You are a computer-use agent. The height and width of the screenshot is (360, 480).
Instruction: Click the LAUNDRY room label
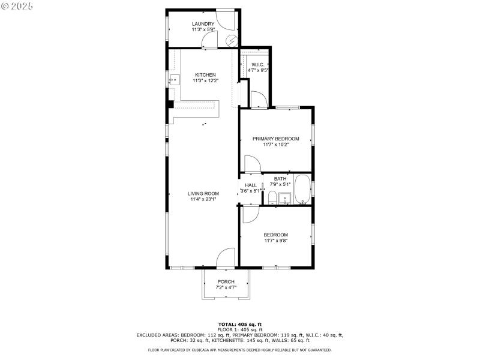pyautogui.click(x=203, y=24)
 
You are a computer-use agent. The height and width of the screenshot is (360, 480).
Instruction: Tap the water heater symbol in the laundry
pyautogui.click(x=232, y=40)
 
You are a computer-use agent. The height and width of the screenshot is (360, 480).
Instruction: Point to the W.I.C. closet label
pyautogui.click(x=258, y=64)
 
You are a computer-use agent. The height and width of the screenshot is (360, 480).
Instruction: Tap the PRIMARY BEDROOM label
pyautogui.click(x=275, y=139)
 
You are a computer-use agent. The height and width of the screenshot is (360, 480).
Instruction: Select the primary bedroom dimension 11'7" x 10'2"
pyautogui.click(x=275, y=145)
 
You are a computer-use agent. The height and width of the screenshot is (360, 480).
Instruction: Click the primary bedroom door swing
pyautogui.click(x=251, y=164)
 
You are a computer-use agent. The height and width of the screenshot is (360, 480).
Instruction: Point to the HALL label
pyautogui.click(x=251, y=185)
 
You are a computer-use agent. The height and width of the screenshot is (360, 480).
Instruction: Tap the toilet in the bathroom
pyautogui.click(x=272, y=198)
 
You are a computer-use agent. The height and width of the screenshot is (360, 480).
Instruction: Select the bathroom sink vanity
pyautogui.click(x=286, y=199)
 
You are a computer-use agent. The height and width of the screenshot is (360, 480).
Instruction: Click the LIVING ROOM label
pyautogui.click(x=203, y=193)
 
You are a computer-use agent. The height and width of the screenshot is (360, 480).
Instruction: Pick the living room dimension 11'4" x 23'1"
pyautogui.click(x=203, y=199)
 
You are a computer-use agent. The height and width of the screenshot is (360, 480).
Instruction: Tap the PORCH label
pyautogui.click(x=226, y=282)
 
